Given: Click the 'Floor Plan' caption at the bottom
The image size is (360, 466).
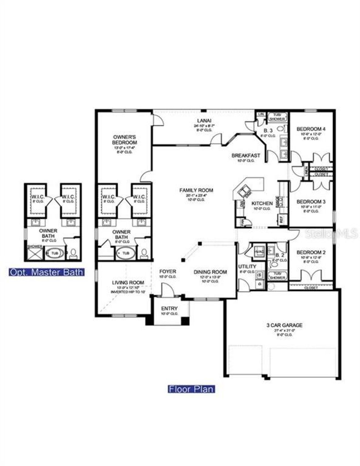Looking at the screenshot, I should [x=192, y=389].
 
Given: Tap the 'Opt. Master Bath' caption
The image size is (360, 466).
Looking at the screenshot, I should [x=46, y=272].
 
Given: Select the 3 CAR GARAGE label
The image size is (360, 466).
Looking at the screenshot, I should [x=284, y=325].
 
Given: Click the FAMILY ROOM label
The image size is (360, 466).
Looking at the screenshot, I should [x=196, y=190].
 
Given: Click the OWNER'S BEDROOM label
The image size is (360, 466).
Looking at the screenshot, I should [x=125, y=140].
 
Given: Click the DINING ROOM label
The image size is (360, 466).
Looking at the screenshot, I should [x=210, y=272].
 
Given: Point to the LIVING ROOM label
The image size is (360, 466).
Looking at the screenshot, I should [x=128, y=282].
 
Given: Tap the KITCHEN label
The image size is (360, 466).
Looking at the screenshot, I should [x=262, y=203].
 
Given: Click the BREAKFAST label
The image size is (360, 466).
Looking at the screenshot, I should [x=246, y=155].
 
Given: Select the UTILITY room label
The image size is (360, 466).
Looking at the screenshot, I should [x=247, y=266].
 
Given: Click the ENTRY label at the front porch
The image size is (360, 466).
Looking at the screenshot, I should [x=169, y=308].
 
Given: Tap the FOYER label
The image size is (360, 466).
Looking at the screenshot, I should [x=168, y=271].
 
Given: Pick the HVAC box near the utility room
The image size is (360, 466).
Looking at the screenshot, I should [x=259, y=252].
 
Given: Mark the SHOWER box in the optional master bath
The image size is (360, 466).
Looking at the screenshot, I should [x=35, y=254].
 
